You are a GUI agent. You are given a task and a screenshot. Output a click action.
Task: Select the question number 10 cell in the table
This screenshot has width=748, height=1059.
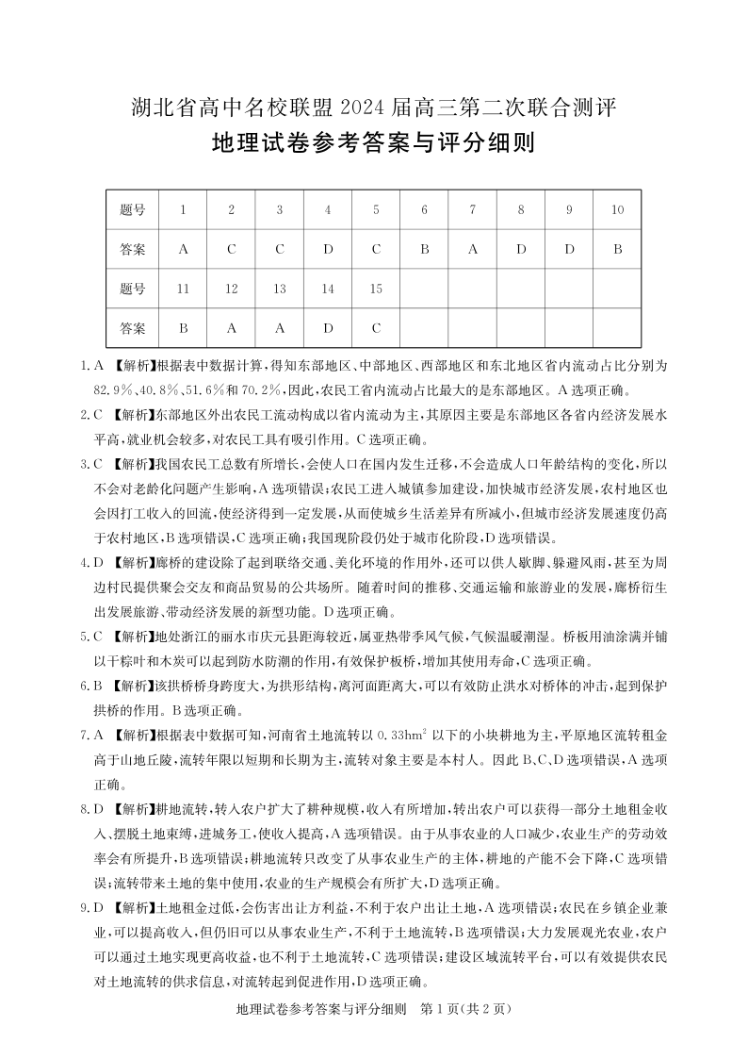click(617, 210)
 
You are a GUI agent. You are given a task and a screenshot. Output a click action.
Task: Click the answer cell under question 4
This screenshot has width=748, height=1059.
click(328, 250)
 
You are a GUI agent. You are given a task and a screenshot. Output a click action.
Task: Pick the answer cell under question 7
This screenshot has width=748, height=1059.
click(473, 250)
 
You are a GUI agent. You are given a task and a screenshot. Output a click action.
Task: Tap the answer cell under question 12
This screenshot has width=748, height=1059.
click(232, 328)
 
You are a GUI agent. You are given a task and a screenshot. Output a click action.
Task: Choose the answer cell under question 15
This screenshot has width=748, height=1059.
click(376, 328)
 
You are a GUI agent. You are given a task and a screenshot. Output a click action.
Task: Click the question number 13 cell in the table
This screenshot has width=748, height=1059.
click(280, 290)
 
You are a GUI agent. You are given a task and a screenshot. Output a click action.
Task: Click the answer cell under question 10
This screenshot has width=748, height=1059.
click(617, 250)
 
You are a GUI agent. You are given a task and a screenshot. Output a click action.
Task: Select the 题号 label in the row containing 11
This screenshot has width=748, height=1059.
click(134, 290)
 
